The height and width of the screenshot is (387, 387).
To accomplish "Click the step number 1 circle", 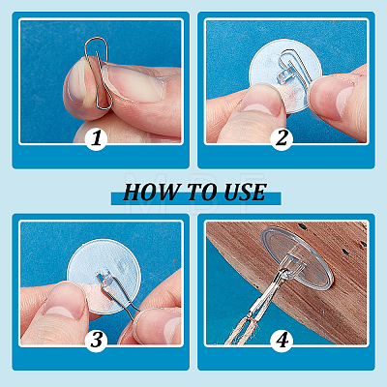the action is (x=97, y=138).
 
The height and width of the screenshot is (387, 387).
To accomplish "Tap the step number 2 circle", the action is (x=282, y=138).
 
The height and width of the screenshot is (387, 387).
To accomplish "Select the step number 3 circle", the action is (x=97, y=341).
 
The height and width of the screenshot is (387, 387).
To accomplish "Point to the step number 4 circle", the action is (x=282, y=341).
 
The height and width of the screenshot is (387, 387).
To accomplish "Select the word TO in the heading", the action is (x=201, y=193).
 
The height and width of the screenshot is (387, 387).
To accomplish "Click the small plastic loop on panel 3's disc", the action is (x=104, y=278).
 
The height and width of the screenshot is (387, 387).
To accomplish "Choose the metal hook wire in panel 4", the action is (x=268, y=292).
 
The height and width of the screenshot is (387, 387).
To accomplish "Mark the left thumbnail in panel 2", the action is (x=260, y=104).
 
